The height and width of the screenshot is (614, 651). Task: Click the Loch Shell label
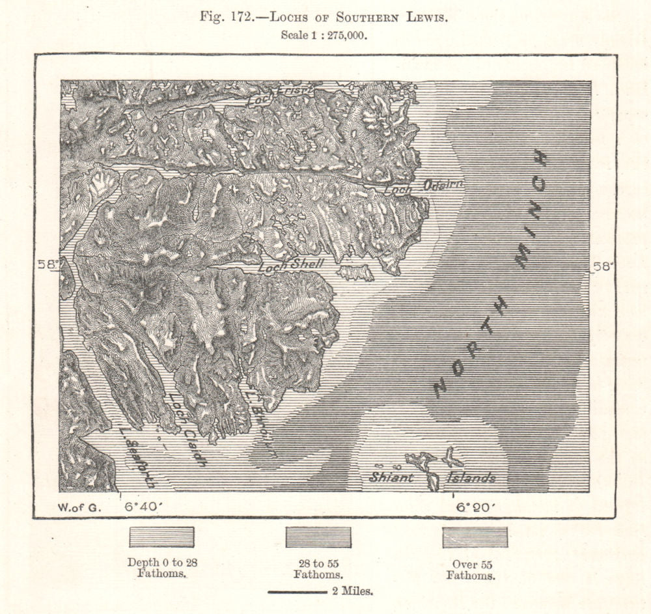(288, 266)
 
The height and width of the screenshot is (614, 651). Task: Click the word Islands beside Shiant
(471, 479)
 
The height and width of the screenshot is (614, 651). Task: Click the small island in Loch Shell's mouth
(355, 272)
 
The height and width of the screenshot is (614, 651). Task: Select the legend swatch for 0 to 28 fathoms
(161, 537)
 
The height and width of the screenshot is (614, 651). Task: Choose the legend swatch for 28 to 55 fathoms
(318, 537)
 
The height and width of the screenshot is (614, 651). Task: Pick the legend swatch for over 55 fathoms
(475, 537)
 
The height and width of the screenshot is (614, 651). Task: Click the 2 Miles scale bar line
(297, 592)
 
